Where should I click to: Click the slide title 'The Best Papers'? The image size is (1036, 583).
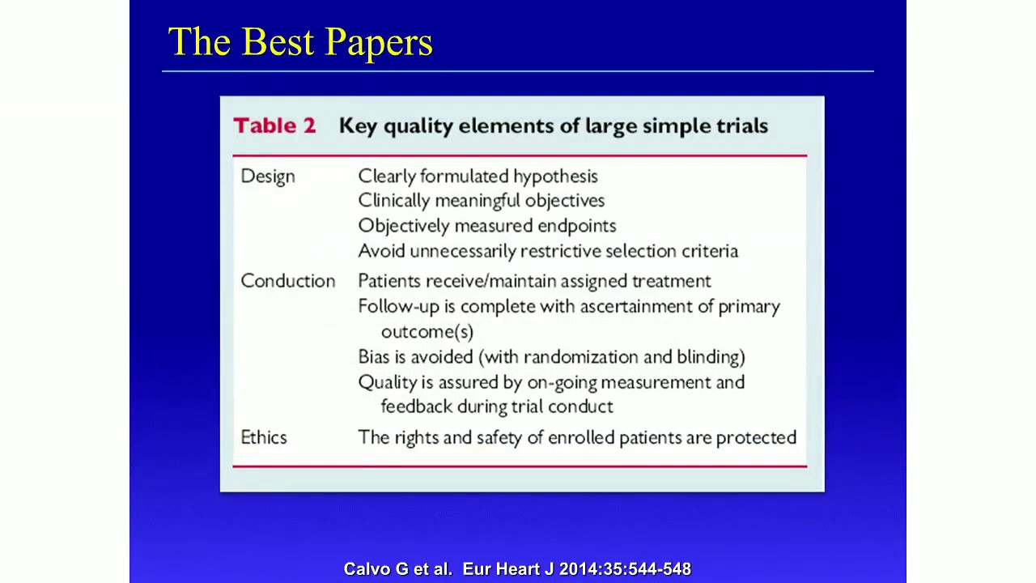tap(300, 42)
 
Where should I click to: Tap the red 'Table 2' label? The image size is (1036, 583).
tap(274, 126)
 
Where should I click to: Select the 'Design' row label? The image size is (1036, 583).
tap(268, 177)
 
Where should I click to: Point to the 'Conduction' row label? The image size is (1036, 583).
tap(287, 281)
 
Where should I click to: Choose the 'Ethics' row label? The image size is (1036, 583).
tap(264, 437)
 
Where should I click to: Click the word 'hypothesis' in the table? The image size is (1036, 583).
tap(555, 177)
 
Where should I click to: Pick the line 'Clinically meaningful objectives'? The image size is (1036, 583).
tap(481, 200)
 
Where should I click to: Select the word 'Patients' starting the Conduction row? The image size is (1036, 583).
tap(389, 281)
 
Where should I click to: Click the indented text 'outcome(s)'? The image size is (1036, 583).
tap(427, 331)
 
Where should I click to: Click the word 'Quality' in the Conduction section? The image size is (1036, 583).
tap(385, 381)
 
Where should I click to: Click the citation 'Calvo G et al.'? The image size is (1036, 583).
tap(397, 569)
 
